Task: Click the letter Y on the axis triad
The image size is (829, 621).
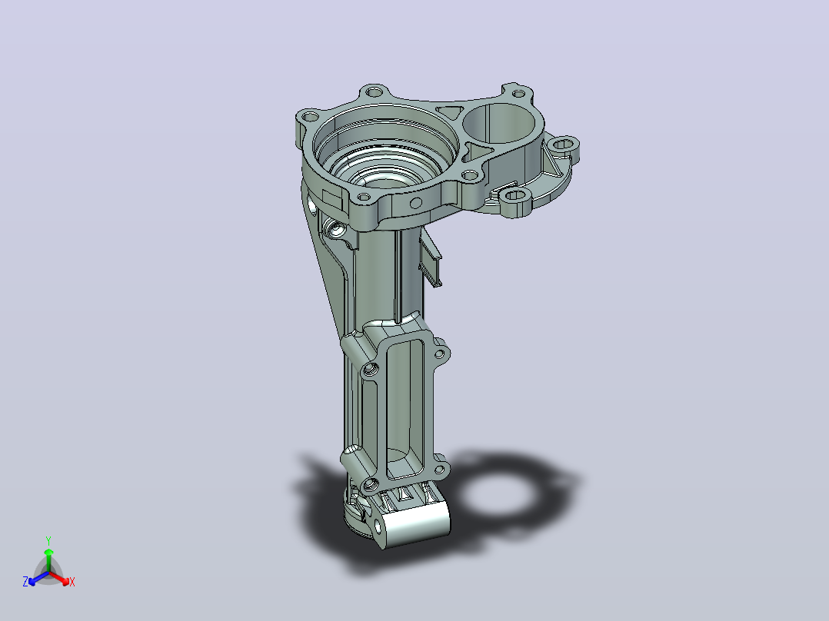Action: [x=48, y=540]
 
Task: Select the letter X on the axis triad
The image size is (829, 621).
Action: [x=72, y=582]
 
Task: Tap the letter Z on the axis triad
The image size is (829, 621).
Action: [x=25, y=582]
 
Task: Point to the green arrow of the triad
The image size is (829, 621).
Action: [x=48, y=560]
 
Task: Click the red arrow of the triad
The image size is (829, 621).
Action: [x=59, y=578]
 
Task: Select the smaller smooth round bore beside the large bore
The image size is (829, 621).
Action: [x=499, y=124]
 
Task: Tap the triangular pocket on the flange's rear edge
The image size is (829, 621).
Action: [x=450, y=111]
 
